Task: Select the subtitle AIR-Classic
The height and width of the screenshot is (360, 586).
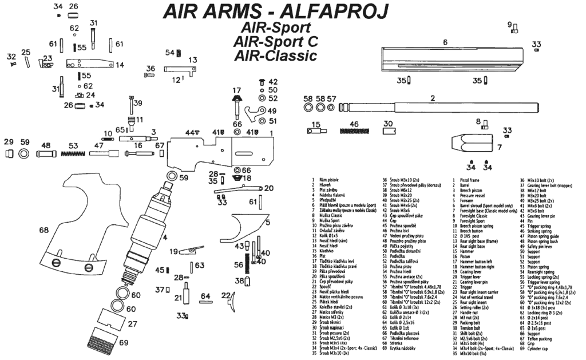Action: pyautogui.click(x=275, y=56)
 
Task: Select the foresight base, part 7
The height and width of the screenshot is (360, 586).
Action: pyautogui.click(x=468, y=141)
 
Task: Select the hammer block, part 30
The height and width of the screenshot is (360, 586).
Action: pyautogui.click(x=389, y=131)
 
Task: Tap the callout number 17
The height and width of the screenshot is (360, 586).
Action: pyautogui.click(x=236, y=90)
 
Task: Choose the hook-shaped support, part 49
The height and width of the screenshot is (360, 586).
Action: pyautogui.click(x=251, y=112)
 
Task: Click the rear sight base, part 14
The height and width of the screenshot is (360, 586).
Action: pyautogui.click(x=89, y=64)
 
